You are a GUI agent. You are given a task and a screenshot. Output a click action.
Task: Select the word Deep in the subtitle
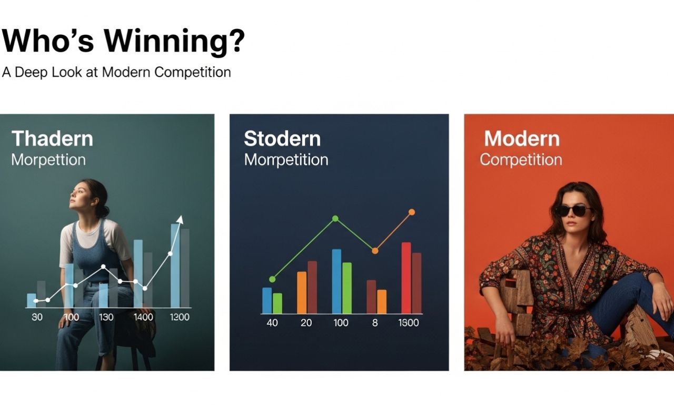coord(31,73)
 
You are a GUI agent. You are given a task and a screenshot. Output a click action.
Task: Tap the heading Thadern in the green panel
coord(52,139)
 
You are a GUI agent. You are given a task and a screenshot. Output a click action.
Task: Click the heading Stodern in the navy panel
coord(282,139)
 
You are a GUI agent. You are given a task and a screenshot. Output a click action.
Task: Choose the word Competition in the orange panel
coord(521,160)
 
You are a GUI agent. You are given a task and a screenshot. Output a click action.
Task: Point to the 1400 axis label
coord(143,317)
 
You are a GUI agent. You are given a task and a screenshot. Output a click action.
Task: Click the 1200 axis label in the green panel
coord(180,317)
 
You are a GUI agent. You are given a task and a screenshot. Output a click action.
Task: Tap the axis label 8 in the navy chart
coord(374,323)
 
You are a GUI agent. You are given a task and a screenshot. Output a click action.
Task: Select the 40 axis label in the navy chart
coord(272,323)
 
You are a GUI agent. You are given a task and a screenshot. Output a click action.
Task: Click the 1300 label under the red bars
coord(408,323)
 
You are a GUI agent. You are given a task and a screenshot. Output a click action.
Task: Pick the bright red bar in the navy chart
coord(406,278)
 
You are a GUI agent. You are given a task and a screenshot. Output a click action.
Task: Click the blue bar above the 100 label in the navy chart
coord(336,281)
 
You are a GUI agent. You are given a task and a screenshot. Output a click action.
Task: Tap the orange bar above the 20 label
coord(302,292)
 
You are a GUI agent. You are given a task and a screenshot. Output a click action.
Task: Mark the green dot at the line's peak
coord(335,219)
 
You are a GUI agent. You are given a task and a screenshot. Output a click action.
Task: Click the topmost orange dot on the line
coord(412,212)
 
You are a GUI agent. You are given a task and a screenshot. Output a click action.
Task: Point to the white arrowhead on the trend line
coord(180,220)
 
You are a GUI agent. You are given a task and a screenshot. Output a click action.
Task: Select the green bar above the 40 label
coord(277,303)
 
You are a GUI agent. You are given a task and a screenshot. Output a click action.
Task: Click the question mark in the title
coord(237,41)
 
